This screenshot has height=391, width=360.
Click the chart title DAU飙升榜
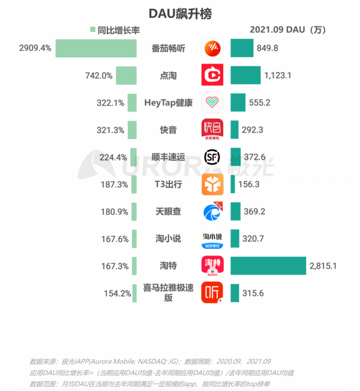[181, 13]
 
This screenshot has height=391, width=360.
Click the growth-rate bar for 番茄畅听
[98, 48]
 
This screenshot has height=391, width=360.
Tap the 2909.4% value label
[35, 48]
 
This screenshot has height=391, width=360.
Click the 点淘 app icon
[212, 76]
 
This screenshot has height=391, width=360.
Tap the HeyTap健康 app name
[169, 103]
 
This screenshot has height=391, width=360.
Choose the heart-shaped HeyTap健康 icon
[212, 103]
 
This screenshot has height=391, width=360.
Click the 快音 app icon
[212, 130]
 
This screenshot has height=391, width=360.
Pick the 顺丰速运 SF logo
[212, 157]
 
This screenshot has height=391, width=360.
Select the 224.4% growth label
[112, 157]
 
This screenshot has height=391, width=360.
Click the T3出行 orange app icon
[212, 184]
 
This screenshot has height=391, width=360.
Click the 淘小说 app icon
[212, 239]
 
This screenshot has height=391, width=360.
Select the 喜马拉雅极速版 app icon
[212, 293]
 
